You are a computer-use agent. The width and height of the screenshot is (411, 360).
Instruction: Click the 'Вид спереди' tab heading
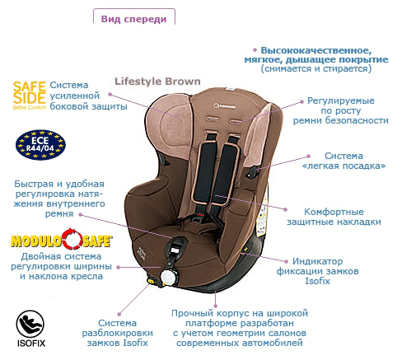(x=133, y=19)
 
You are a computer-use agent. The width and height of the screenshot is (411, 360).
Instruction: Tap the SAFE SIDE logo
(x=30, y=96)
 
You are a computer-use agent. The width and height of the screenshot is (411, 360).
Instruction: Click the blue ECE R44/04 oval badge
(x=40, y=145)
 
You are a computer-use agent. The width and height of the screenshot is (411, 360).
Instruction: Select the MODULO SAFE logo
(x=62, y=239)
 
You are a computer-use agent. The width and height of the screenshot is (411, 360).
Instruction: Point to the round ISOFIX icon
(x=30, y=324)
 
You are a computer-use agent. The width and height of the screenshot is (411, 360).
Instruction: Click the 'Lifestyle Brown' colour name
(x=157, y=82)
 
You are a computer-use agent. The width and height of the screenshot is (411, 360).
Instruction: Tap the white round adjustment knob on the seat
(x=168, y=278)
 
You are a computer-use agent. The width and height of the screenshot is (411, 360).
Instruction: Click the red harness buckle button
(x=201, y=215)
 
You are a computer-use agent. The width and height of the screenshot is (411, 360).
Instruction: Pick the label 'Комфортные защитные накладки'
(x=334, y=217)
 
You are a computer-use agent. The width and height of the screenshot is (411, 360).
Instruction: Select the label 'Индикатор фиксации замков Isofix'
(x=317, y=271)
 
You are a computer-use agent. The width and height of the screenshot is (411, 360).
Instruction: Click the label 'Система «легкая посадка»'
(x=343, y=161)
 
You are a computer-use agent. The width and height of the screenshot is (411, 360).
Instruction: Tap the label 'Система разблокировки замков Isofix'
(x=118, y=333)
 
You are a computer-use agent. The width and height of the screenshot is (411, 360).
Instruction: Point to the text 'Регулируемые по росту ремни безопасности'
(x=341, y=110)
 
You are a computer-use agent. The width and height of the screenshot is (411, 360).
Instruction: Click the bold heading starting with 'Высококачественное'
(x=316, y=54)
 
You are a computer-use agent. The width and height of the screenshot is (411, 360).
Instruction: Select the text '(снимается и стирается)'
(x=316, y=68)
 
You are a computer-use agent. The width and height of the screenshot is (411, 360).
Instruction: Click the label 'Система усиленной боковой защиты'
(x=88, y=96)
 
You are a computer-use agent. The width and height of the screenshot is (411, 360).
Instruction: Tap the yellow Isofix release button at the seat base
(x=151, y=281)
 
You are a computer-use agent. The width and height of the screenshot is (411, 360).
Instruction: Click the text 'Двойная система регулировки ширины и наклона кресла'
(x=61, y=266)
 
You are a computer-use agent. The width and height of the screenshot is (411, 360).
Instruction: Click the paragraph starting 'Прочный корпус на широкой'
(x=240, y=328)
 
